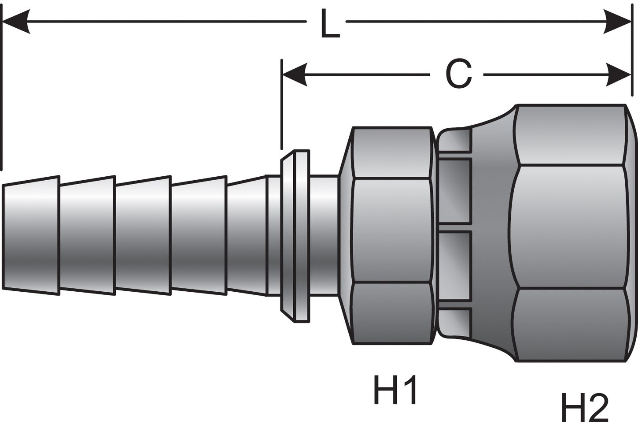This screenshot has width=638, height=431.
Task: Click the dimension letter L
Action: point(329,24)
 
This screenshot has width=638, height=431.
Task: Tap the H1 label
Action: point(395,390)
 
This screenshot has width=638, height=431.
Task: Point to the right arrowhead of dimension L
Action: point(619,22)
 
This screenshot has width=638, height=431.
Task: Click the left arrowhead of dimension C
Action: point(294,74)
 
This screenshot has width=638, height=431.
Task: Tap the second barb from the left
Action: point(87,235)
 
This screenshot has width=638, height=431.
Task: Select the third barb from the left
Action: point(143,235)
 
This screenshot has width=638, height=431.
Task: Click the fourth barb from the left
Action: point(199,235)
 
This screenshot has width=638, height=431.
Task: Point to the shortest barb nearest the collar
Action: point(247,235)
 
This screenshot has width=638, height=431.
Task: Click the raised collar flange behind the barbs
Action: point(295,235)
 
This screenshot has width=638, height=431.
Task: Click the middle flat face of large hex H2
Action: point(568,227)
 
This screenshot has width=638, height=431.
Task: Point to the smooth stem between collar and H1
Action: point(324,235)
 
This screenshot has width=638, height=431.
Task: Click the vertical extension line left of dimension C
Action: point(281,106)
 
